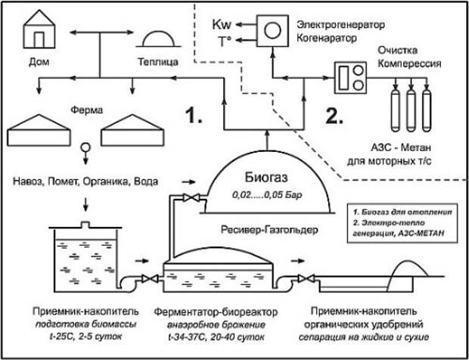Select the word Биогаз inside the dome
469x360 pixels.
pos(267,177)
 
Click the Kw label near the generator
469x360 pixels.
pos(222,25)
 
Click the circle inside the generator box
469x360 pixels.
pos(272,31)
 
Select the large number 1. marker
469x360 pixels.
pos(194,115)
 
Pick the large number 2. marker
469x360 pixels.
pos(335,115)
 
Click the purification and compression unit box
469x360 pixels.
pos(350,78)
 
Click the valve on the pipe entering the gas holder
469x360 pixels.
pos(191,197)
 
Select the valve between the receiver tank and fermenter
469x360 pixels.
pos(150,279)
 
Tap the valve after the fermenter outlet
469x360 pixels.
pos(306,279)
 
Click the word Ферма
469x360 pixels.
pos(87,110)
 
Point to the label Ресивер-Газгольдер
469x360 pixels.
pos(269,230)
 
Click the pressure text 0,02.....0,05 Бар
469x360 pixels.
pos(267,196)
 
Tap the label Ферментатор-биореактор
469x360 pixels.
pos(216,312)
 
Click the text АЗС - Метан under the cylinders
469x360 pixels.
pos(402,148)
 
